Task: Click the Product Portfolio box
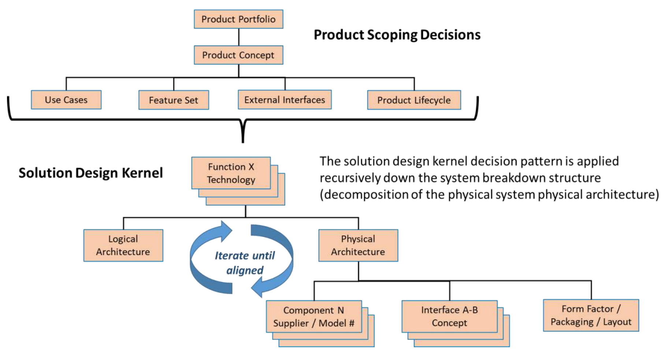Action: click(238, 19)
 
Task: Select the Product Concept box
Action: click(238, 55)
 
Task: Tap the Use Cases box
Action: click(66, 100)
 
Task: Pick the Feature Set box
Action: click(174, 100)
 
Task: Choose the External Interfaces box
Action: click(285, 100)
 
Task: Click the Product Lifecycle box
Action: click(414, 100)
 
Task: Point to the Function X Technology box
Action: click(231, 173)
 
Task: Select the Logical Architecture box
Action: click(123, 245)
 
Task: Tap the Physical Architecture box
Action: click(358, 245)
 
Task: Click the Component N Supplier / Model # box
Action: click(314, 317)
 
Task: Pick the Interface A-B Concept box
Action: click(449, 316)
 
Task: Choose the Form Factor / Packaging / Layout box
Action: click(591, 315)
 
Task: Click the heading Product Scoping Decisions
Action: click(397, 35)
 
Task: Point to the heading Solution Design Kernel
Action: click(91, 173)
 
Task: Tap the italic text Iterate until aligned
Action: click(244, 263)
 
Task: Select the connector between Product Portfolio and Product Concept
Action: click(239, 37)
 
